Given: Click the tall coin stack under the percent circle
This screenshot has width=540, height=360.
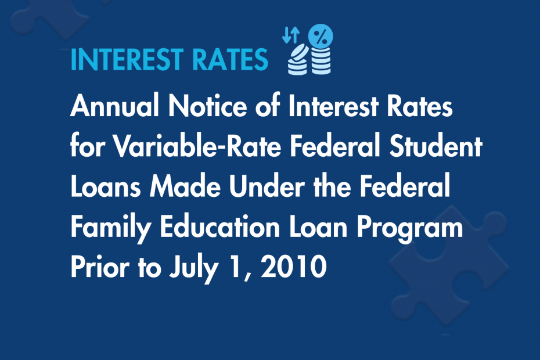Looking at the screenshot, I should click(x=319, y=61).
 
